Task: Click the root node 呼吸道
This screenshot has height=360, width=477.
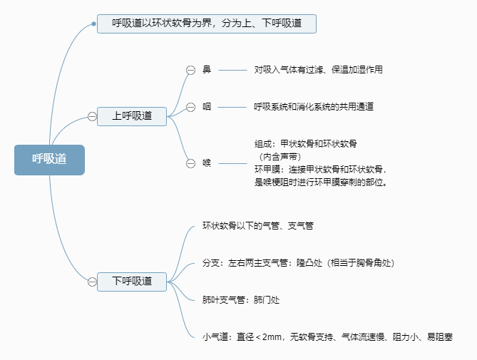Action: [49, 160]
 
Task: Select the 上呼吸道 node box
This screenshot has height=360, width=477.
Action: [132, 116]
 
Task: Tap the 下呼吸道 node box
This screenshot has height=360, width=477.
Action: [132, 281]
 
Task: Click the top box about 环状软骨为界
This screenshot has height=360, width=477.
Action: [206, 24]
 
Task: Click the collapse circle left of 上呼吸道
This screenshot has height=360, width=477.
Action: [92, 116]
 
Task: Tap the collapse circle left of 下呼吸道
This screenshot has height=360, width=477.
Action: [92, 282]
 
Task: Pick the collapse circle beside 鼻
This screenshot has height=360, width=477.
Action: [190, 70]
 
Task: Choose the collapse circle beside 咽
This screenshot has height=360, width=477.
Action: [190, 107]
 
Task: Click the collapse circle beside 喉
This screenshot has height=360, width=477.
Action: [190, 163]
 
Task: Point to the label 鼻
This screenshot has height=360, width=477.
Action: [207, 70]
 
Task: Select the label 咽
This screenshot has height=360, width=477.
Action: [207, 107]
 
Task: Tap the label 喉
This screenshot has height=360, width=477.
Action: [207, 163]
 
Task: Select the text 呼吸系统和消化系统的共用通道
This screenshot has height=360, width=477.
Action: [314, 107]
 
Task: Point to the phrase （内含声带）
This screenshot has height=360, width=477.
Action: [279, 156]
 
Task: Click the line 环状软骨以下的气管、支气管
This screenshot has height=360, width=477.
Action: [257, 225]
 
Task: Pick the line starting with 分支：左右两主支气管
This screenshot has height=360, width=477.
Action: [298, 263]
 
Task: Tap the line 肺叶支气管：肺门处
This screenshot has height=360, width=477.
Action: [241, 300]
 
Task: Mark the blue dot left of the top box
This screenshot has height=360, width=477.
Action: [93, 24]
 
